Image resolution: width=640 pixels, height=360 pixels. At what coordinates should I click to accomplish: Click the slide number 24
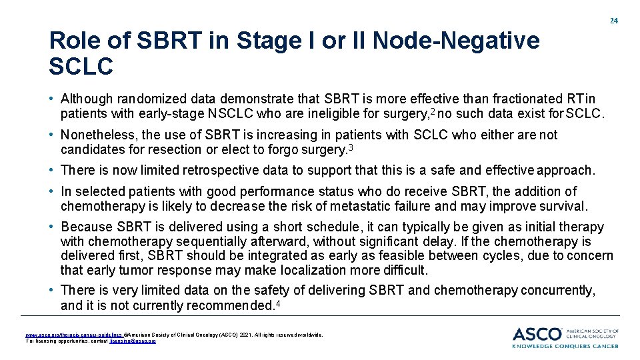point(614,21)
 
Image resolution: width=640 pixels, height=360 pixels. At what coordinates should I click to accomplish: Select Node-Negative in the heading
point(456,41)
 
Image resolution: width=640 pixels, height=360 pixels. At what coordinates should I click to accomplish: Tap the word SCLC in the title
point(81,66)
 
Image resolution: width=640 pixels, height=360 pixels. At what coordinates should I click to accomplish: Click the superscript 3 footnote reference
point(350,146)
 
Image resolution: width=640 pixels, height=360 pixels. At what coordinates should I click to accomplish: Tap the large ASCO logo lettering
point(537,333)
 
